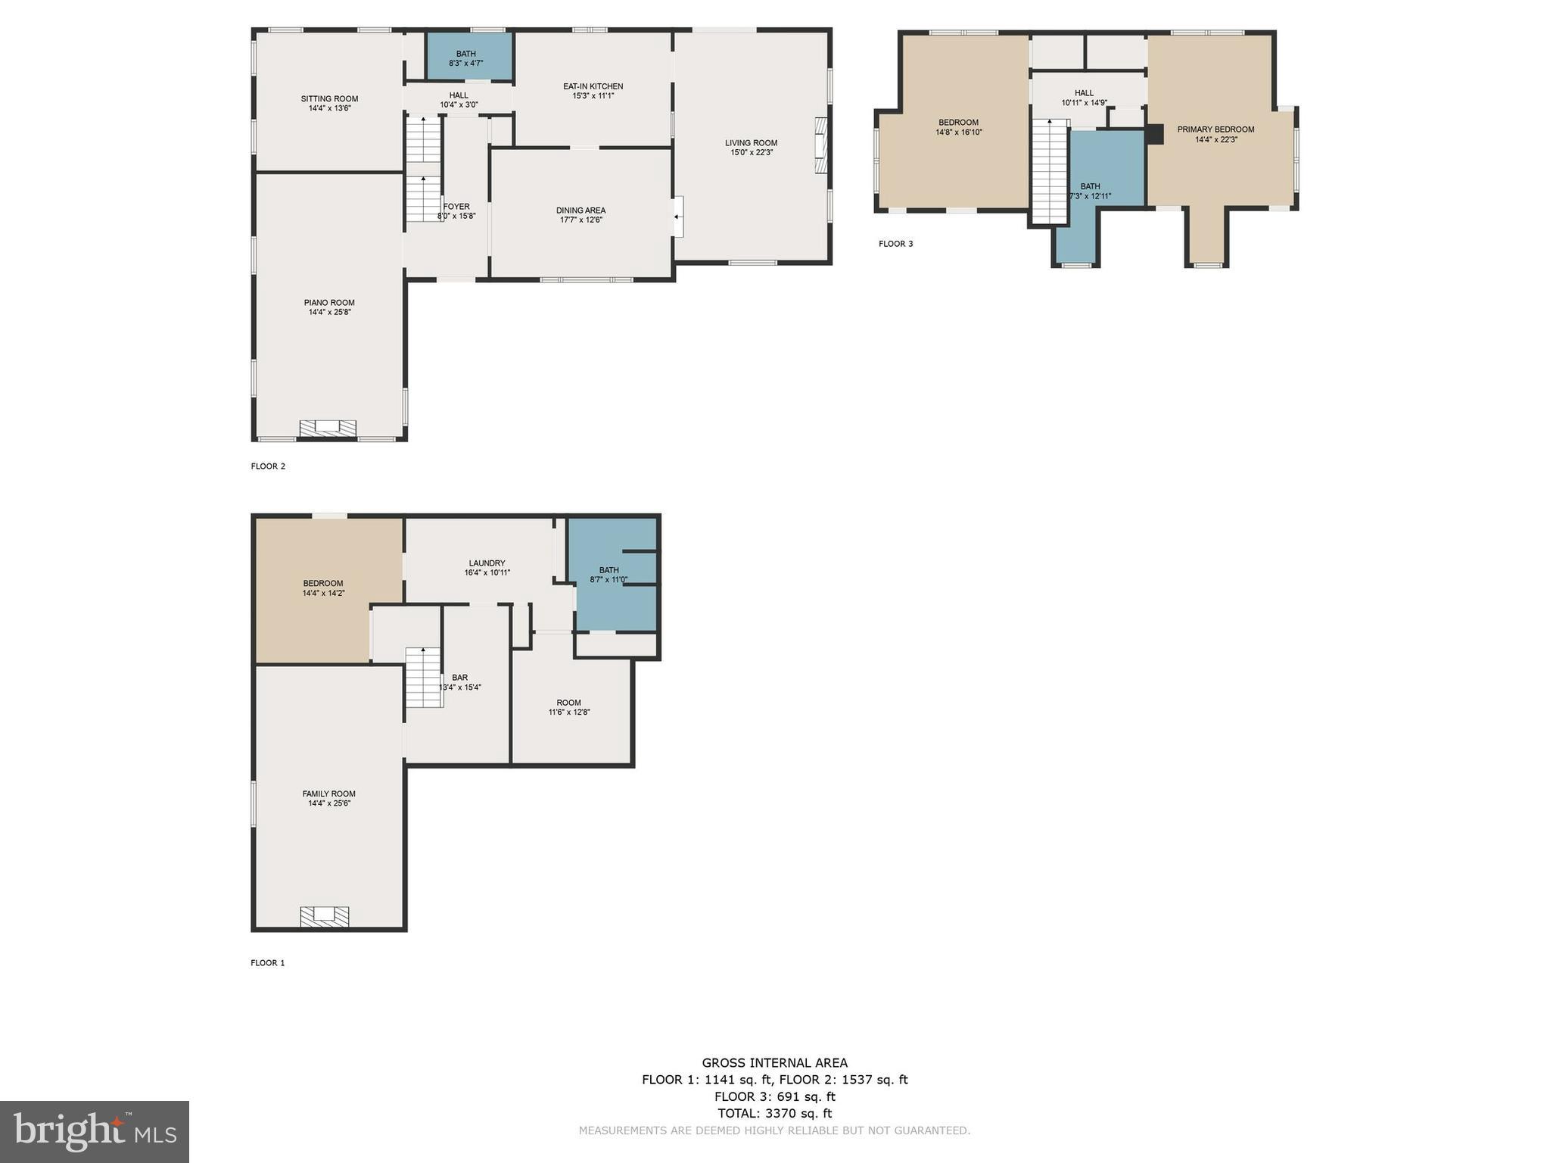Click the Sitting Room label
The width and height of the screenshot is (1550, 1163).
[329, 98]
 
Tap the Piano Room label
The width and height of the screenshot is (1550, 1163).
[329, 303]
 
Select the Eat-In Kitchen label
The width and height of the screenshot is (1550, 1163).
[593, 86]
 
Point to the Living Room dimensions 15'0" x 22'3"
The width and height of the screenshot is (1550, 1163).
[752, 152]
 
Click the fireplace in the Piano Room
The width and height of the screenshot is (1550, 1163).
[328, 429]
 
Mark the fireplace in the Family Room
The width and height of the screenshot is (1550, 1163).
[325, 916]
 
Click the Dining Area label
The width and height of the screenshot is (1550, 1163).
[580, 210]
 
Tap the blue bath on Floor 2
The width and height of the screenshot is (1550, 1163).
[470, 55]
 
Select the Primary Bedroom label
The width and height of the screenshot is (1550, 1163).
[1215, 129]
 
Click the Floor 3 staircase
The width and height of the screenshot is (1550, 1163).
[1050, 171]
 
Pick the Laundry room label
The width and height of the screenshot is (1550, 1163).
[487, 563]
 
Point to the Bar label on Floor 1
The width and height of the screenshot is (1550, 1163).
[459, 678]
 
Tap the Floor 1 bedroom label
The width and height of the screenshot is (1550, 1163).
[323, 583]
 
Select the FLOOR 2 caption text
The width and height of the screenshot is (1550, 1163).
[268, 466]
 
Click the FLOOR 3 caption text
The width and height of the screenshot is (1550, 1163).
[896, 244]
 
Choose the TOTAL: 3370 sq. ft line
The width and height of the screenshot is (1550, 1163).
[775, 1113]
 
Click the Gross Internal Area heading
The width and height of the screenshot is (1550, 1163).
[775, 1063]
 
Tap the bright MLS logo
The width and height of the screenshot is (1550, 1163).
[95, 1132]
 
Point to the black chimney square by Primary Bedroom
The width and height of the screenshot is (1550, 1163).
[1155, 134]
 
